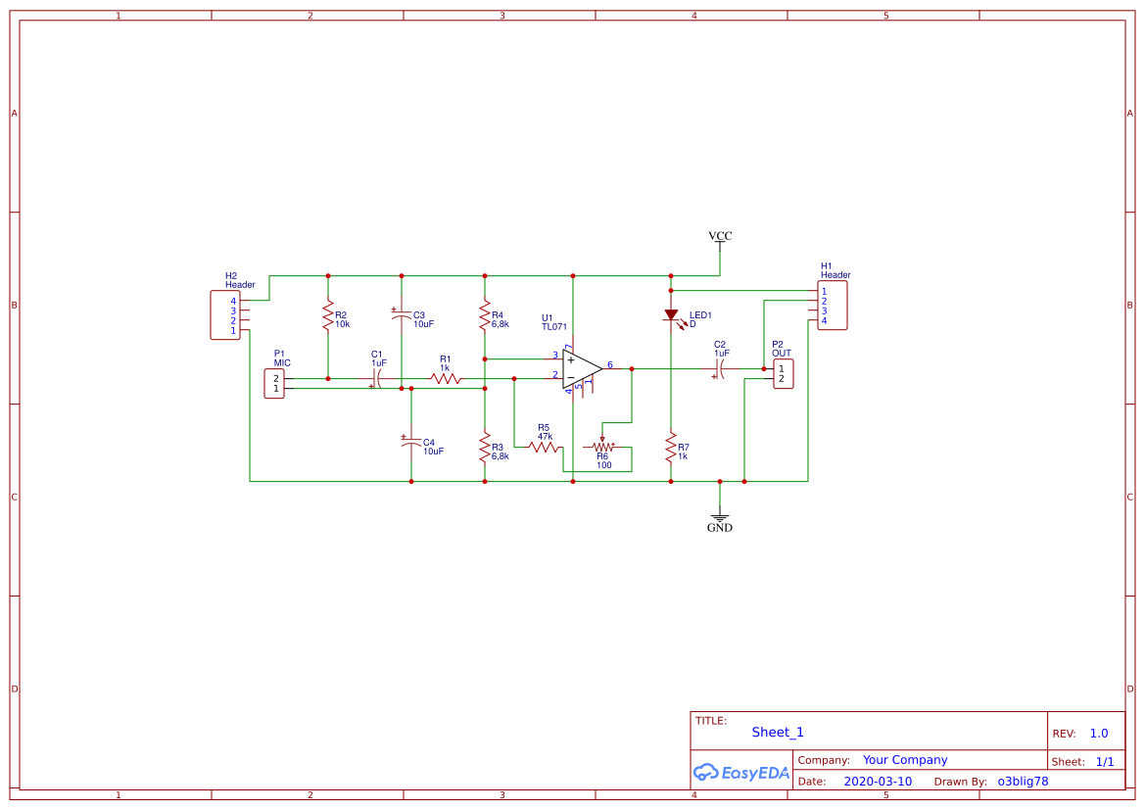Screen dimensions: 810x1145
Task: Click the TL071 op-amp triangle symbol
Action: [x=581, y=368]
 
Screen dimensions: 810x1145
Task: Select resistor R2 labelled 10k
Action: [x=328, y=316]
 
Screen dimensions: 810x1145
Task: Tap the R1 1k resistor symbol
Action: [x=446, y=378]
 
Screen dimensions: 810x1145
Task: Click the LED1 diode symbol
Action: [x=671, y=315]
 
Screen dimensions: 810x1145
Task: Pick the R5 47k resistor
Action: [x=544, y=447]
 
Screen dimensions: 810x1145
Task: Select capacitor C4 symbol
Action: [x=411, y=443]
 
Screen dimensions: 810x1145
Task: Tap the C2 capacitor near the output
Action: [x=720, y=369]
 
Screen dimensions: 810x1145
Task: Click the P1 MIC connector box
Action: [x=275, y=383]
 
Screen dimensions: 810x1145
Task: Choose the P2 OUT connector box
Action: [x=783, y=374]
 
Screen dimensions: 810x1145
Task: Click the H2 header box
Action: [x=225, y=315]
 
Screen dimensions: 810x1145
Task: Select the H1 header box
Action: [x=833, y=306]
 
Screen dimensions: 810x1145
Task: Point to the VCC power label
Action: [x=720, y=236]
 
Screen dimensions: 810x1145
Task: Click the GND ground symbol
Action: [x=720, y=519]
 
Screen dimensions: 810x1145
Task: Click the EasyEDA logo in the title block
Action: [x=741, y=772]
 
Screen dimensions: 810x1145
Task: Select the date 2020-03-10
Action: [x=878, y=782]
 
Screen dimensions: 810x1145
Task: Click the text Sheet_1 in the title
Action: [x=778, y=732]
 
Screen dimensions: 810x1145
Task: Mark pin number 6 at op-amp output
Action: [x=610, y=364]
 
